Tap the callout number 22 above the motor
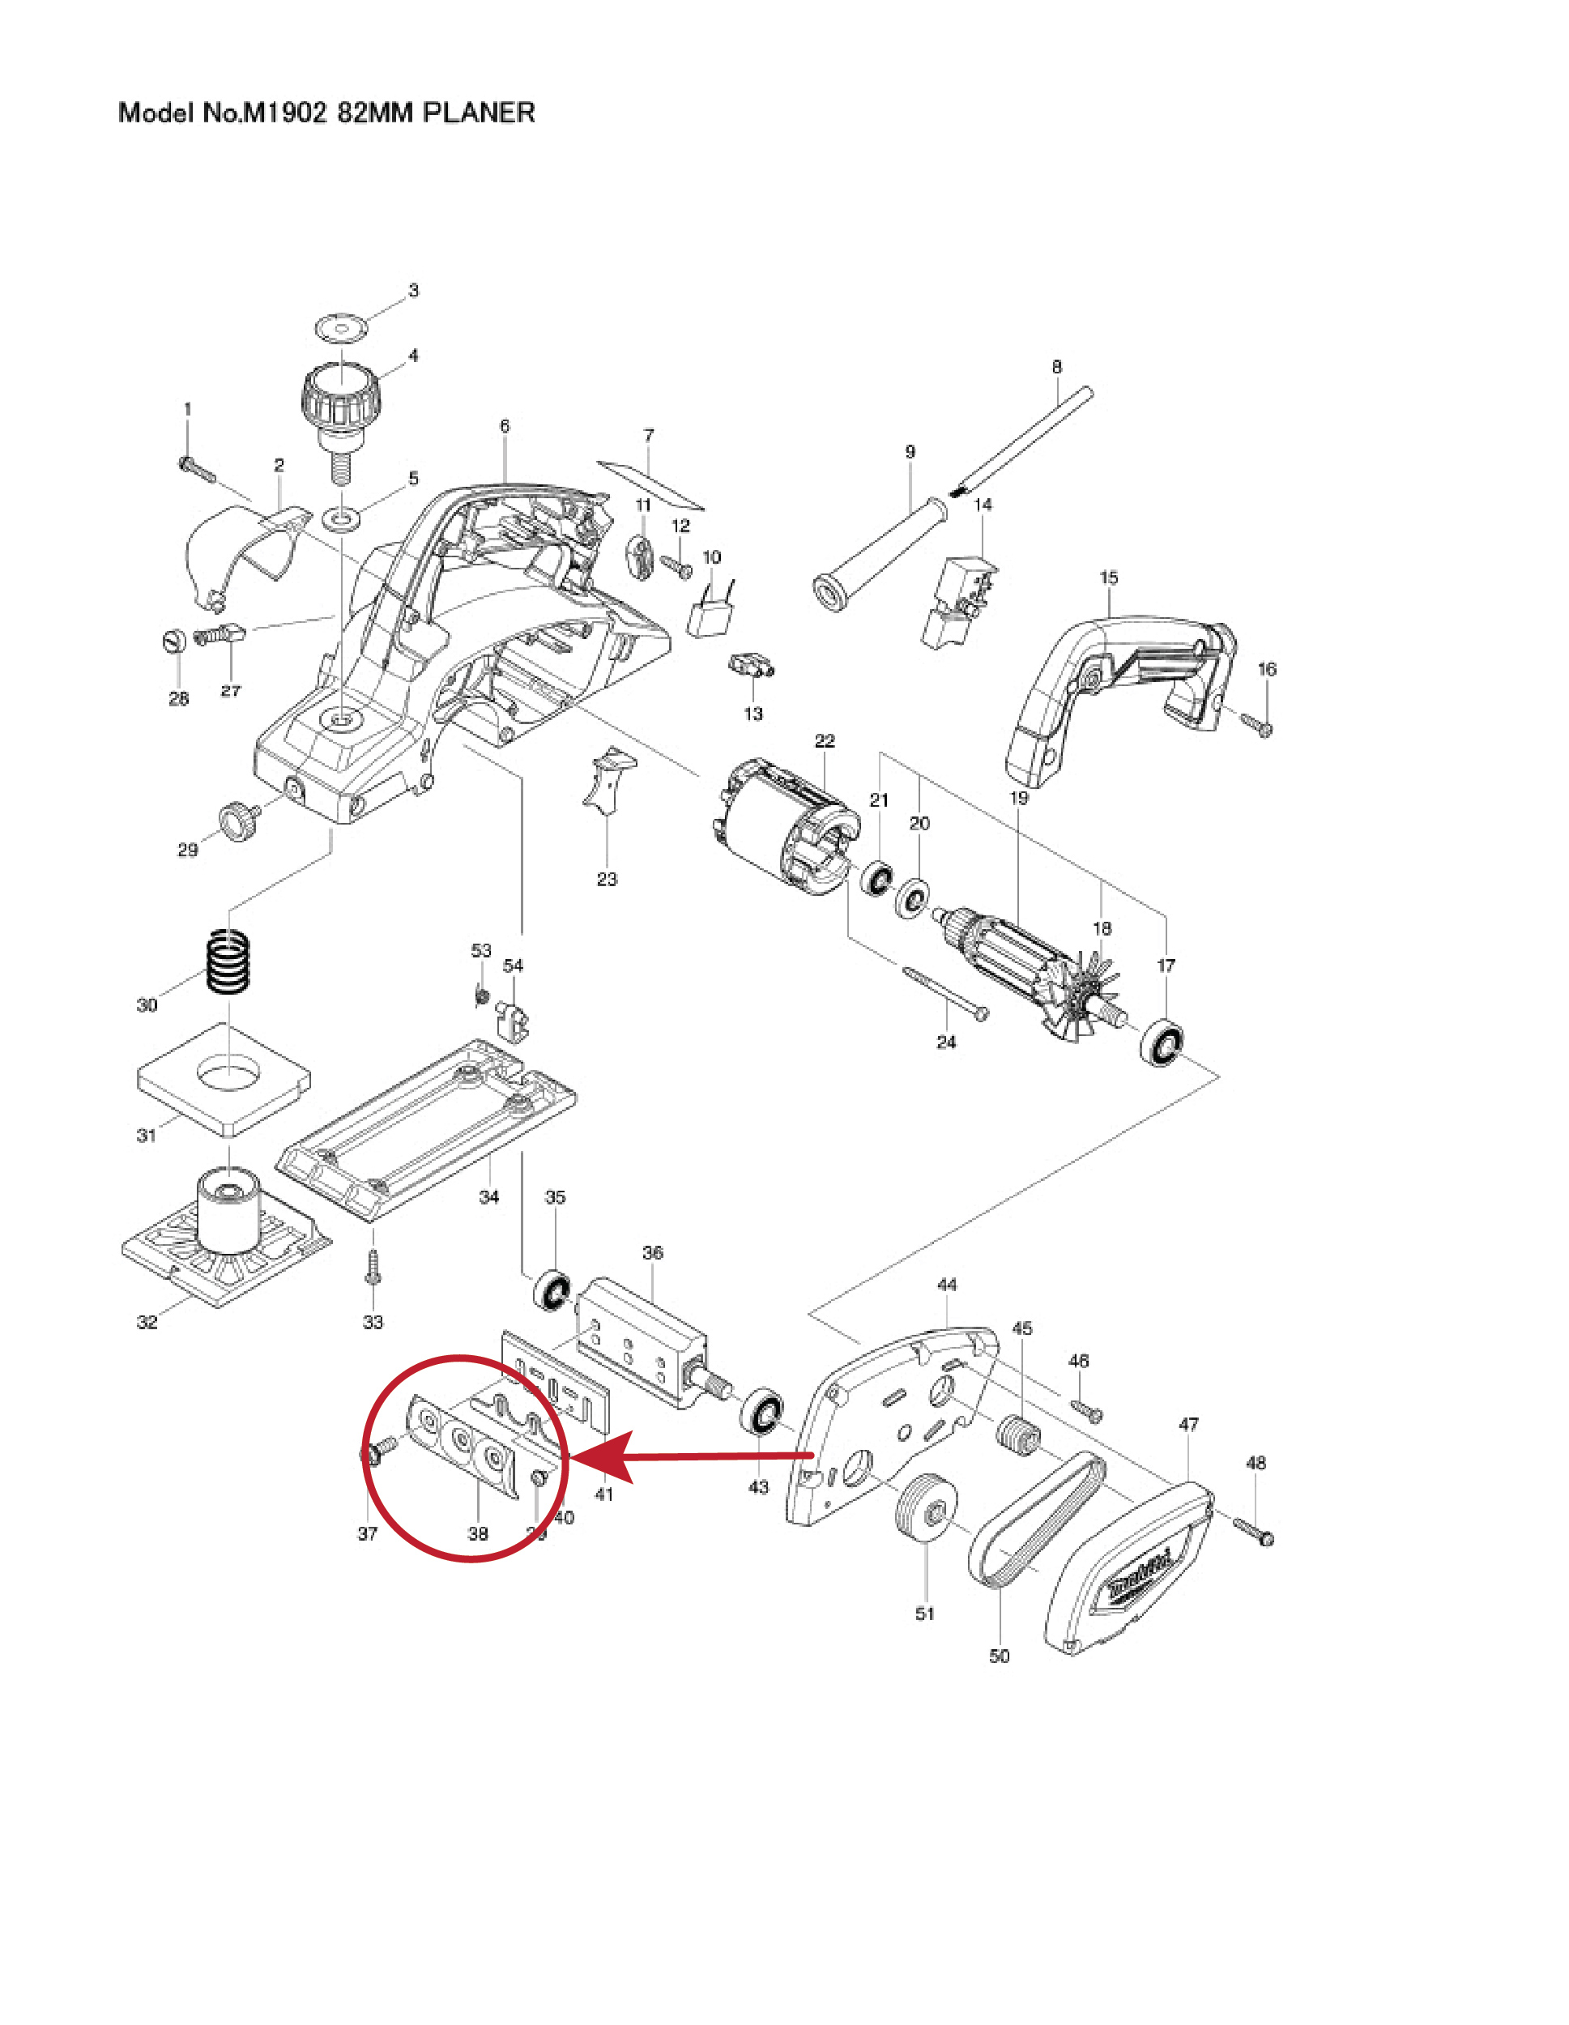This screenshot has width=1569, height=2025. pos(825,741)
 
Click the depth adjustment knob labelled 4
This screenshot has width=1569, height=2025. pos(340,399)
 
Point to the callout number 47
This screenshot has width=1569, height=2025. pos(1189,1424)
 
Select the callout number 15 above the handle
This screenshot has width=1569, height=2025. pos(1109,578)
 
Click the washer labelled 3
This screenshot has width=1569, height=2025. pos(340,327)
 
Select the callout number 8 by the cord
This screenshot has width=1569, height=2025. pos(1056,367)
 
